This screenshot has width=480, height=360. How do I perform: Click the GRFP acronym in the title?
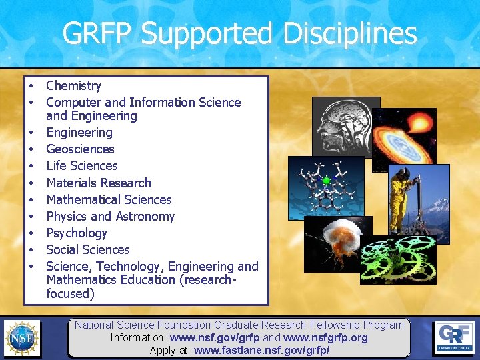(x=98, y=33)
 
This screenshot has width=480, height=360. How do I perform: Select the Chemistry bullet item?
(x=73, y=86)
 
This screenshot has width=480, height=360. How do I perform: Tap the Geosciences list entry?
(x=80, y=149)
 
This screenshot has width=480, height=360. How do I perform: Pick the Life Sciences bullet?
(x=81, y=166)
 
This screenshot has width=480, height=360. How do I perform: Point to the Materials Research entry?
(x=98, y=183)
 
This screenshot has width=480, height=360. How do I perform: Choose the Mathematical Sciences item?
(x=109, y=199)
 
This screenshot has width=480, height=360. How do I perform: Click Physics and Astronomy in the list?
(x=110, y=216)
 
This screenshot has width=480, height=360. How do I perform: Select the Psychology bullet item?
(x=76, y=233)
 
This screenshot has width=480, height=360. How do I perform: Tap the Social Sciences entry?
(x=87, y=249)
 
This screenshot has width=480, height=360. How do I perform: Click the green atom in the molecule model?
(x=326, y=181)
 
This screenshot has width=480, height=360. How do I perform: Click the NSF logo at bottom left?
(x=21, y=337)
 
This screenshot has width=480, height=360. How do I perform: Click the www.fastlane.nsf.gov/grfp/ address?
(x=261, y=350)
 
